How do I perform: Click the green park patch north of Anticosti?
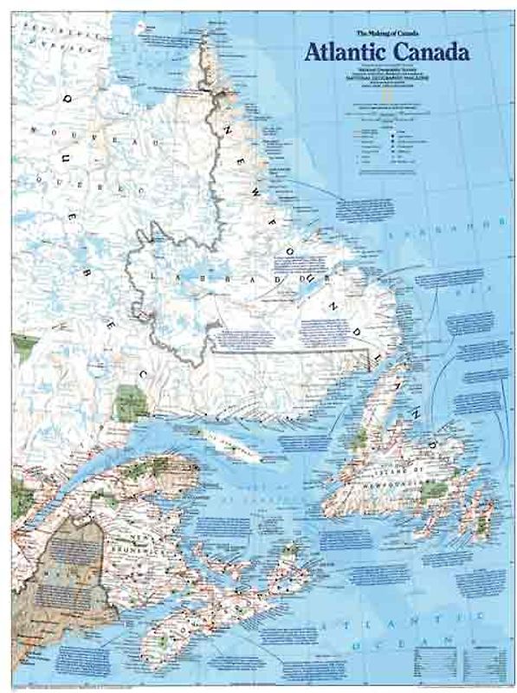pos(131,399)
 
